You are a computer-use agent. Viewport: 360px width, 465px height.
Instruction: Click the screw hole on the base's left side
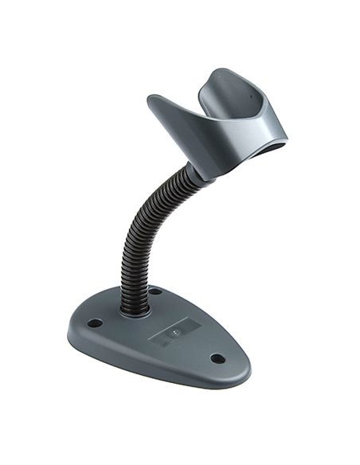[95, 323]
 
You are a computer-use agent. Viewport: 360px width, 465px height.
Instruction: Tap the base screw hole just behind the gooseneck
[155, 291]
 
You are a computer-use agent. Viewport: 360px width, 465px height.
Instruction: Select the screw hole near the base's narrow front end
[217, 358]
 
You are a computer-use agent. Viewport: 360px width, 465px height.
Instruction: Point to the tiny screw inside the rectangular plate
[172, 328]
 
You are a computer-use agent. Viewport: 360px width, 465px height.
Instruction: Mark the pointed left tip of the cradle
[151, 99]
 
